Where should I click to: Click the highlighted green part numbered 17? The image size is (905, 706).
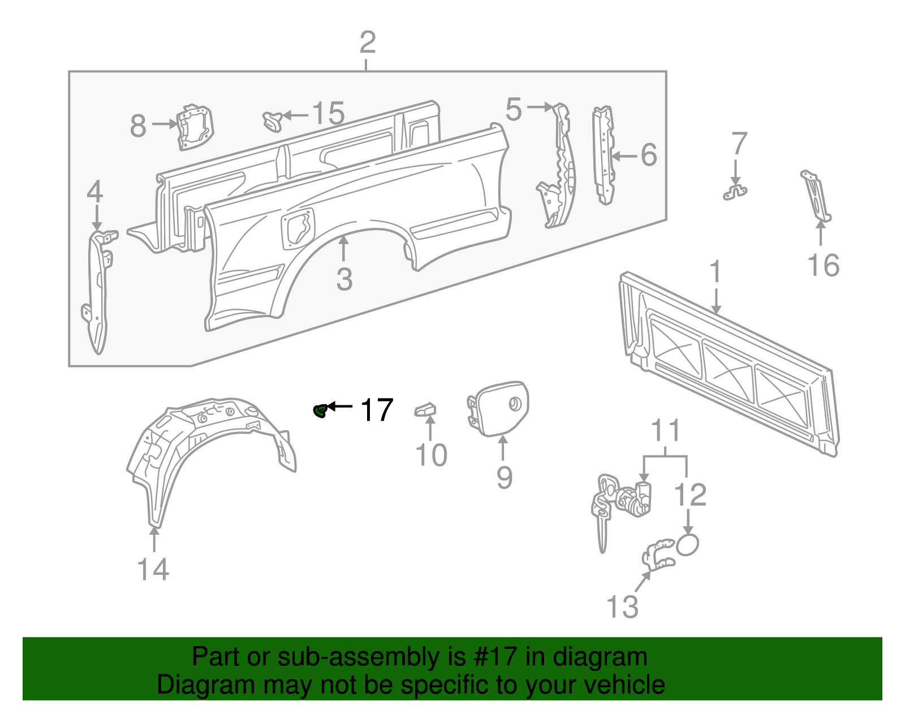[320, 411]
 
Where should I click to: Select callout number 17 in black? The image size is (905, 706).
[377, 410]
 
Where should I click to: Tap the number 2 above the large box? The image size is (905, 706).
[367, 42]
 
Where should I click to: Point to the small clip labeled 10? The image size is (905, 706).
[425, 409]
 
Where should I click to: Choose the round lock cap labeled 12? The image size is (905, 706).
[687, 545]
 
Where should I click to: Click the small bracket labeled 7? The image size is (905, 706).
[735, 192]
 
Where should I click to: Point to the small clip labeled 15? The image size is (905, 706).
[273, 120]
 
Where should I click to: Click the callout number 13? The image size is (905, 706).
[622, 607]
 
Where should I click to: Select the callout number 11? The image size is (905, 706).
[665, 432]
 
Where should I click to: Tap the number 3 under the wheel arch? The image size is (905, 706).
[344, 279]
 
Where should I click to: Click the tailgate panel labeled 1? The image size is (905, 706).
[730, 362]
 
